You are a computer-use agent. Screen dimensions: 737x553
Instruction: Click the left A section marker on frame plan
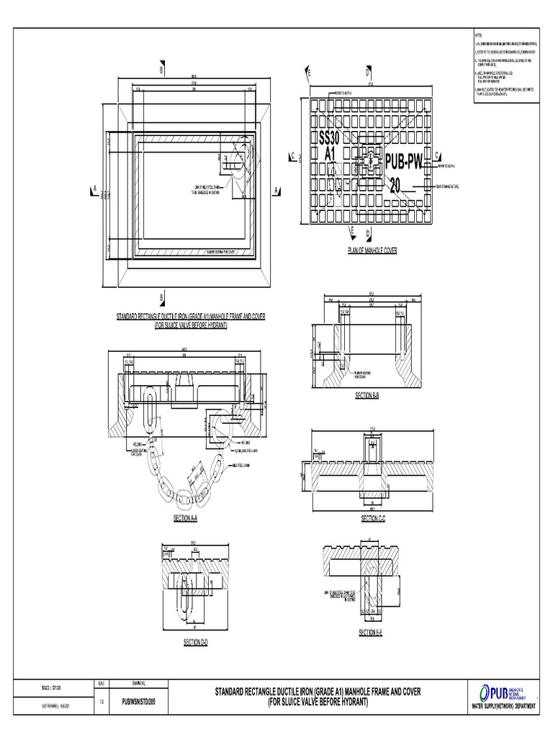pos(94,190)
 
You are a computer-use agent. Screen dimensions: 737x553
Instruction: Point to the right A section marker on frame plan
pos(276,190)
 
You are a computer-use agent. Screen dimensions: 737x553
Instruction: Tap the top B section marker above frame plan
pos(161,71)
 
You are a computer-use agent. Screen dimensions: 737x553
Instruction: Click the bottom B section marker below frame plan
pos(161,296)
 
